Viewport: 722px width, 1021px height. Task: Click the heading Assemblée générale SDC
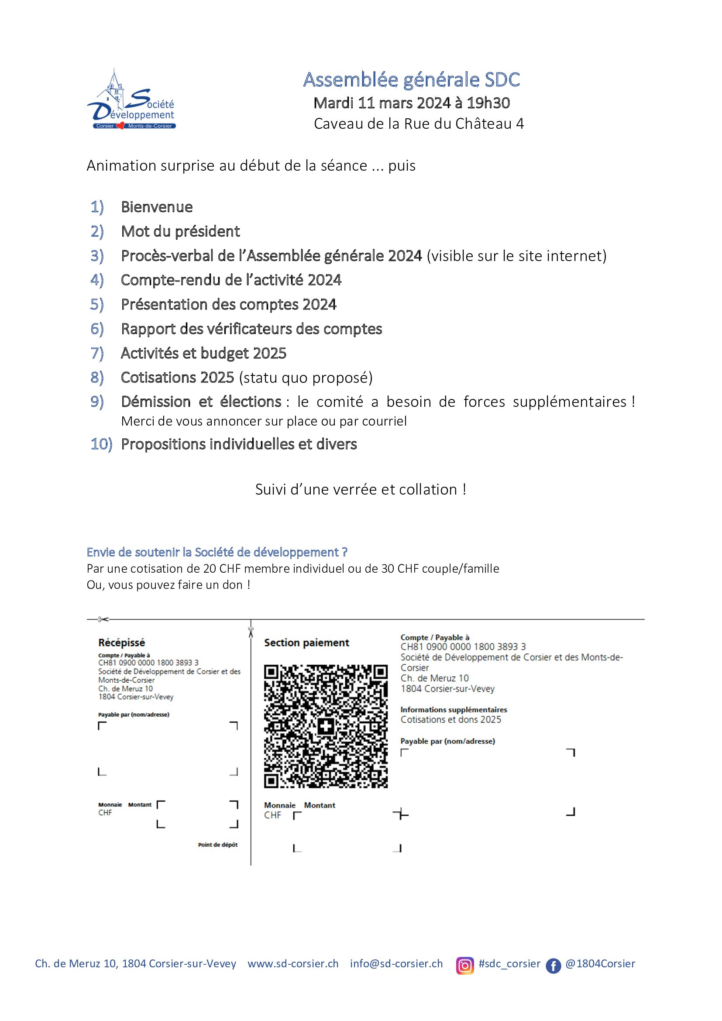411,80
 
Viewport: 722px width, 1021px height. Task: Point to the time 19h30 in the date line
488,103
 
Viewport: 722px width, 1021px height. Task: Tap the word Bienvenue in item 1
157,207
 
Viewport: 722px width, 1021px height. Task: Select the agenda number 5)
97,305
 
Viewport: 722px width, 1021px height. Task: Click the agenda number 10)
101,444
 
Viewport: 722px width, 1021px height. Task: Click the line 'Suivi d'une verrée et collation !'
361,490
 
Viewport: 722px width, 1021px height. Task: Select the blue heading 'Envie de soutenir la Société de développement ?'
217,552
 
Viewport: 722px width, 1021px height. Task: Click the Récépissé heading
121,643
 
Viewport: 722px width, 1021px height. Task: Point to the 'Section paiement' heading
306,643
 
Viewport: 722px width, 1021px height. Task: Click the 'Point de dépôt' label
218,845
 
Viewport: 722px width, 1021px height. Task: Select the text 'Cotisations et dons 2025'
450,719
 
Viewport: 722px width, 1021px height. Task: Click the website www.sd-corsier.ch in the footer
293,964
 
